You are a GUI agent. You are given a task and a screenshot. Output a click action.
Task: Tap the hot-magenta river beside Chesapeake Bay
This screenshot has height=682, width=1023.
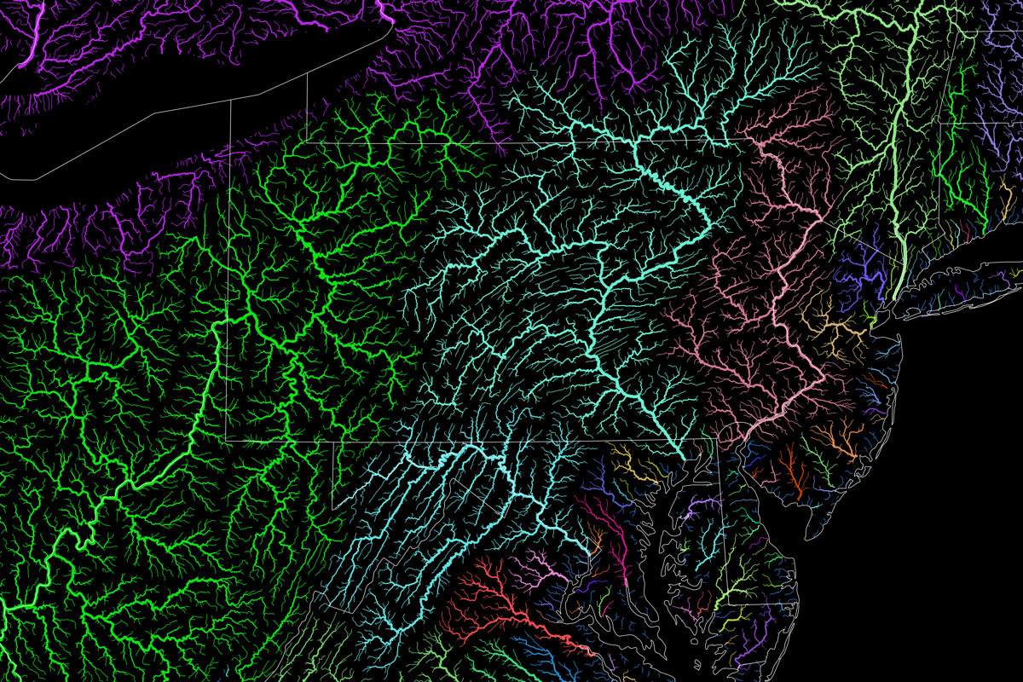coord(609,546)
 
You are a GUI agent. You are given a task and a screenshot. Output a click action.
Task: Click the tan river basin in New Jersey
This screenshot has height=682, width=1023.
coord(840,328)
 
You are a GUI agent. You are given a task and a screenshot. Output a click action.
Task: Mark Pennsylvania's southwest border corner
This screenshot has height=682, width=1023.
coord(226,438)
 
